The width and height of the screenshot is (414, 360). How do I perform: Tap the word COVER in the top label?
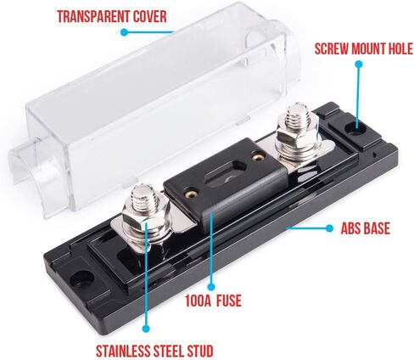coord(150,16)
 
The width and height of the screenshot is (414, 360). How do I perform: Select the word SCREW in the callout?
coord(332,49)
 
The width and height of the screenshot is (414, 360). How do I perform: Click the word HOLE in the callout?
coord(400,49)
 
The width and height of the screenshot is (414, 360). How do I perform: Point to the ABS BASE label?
coord(366,228)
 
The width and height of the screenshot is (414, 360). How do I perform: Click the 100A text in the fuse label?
coord(199,301)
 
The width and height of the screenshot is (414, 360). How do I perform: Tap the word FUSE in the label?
coord(229,301)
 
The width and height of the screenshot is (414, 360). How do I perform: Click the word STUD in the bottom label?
coord(200,352)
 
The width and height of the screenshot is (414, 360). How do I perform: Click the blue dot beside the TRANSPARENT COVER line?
coord(124,32)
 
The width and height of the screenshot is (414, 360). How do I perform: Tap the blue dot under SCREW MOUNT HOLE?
coord(359,65)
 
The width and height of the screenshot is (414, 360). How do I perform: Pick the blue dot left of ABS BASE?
coord(329,228)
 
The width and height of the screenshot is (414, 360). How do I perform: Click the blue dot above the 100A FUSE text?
coord(210,287)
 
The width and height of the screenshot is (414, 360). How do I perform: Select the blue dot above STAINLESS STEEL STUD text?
coord(146,329)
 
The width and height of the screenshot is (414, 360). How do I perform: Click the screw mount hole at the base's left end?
coord(82,278)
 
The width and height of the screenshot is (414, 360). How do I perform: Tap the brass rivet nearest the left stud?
coord(191,194)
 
